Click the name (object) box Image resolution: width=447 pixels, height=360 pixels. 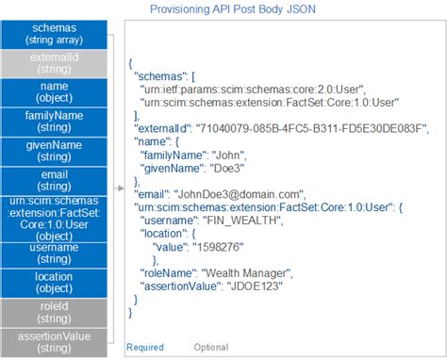click(x=55, y=92)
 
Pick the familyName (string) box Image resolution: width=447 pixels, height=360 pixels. click(x=55, y=122)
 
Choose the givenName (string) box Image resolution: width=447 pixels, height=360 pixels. click(x=55, y=150)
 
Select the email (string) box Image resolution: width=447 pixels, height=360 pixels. click(x=55, y=179)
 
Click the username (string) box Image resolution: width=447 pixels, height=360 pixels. click(x=55, y=252)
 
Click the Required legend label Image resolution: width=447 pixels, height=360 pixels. click(x=144, y=348)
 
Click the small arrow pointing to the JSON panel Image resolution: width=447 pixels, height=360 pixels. click(x=119, y=188)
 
